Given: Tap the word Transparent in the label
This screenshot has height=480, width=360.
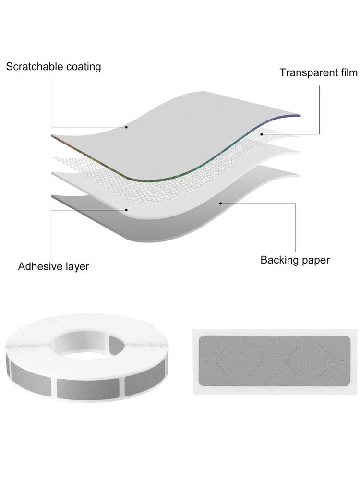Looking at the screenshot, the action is pyautogui.click(x=308, y=72).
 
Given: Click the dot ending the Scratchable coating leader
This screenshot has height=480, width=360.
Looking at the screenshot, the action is pyautogui.click(x=126, y=127).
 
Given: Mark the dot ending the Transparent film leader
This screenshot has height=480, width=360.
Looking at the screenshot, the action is pyautogui.click(x=262, y=134).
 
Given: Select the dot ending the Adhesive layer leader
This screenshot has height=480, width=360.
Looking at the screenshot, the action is pyautogui.click(x=126, y=210).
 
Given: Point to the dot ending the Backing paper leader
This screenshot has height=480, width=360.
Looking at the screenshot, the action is pyautogui.click(x=221, y=203).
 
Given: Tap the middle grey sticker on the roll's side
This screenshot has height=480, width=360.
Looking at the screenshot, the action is pyautogui.click(x=88, y=388).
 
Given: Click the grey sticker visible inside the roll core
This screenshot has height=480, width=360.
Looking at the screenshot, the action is pyautogui.click(x=117, y=346).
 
